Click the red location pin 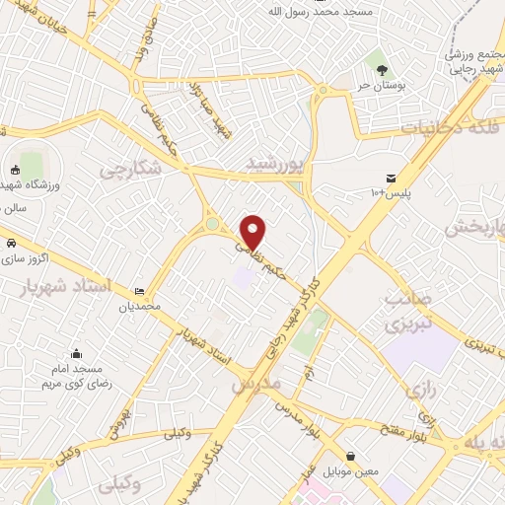click(x=253, y=230)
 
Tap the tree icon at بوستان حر click(x=381, y=68)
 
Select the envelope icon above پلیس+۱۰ click(x=392, y=177)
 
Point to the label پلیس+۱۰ click(x=392, y=190)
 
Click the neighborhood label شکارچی click(x=130, y=171)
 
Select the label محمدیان click(x=139, y=307)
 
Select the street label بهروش click(x=116, y=418)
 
